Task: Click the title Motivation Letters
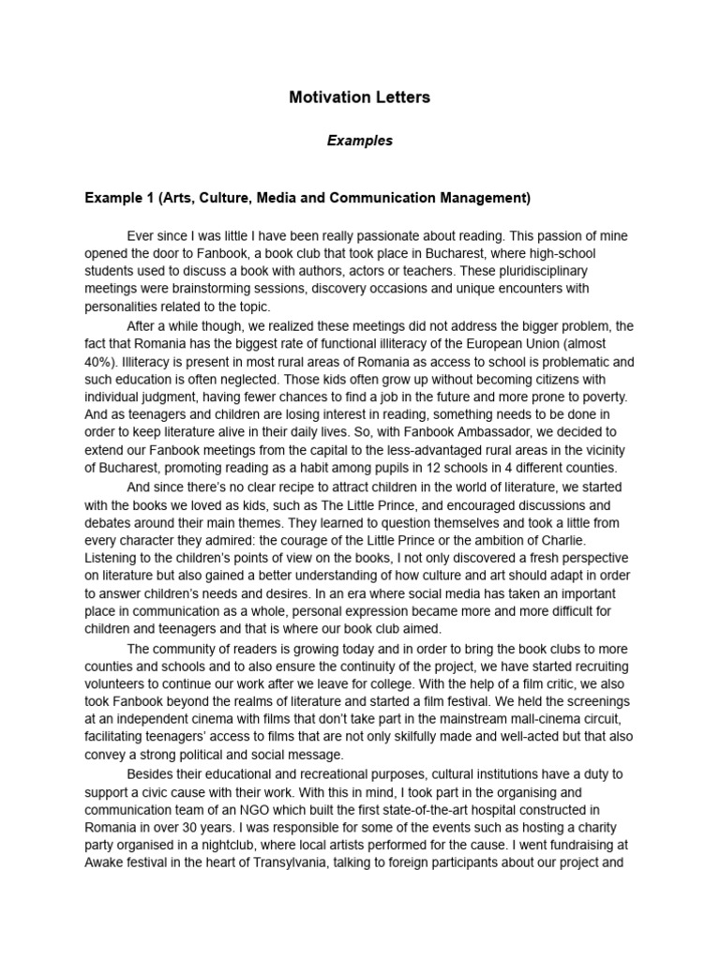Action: coord(360,97)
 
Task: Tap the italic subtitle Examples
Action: coord(360,142)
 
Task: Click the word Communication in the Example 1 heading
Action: coord(421,198)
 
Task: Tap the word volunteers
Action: coord(117,684)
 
